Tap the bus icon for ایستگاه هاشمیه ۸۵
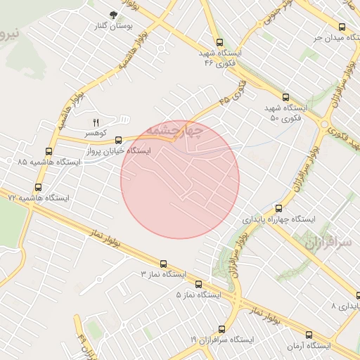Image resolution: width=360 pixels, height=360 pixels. [x=49, y=150]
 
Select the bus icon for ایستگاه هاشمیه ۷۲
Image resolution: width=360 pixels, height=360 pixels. [x=38, y=187]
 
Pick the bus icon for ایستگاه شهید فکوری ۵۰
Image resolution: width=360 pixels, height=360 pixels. [x=285, y=97]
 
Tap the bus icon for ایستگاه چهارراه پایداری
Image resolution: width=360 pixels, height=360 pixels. [x=278, y=208]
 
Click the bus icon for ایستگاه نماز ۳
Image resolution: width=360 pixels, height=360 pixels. [x=164, y=262]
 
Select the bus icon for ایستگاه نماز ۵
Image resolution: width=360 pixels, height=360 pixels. [x=198, y=284]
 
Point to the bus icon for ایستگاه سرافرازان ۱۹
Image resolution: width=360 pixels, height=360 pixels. [x=222, y=328]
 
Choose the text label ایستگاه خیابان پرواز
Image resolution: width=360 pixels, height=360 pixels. [x=112, y=151]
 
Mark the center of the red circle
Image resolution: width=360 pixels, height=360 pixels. [x=180, y=179]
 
